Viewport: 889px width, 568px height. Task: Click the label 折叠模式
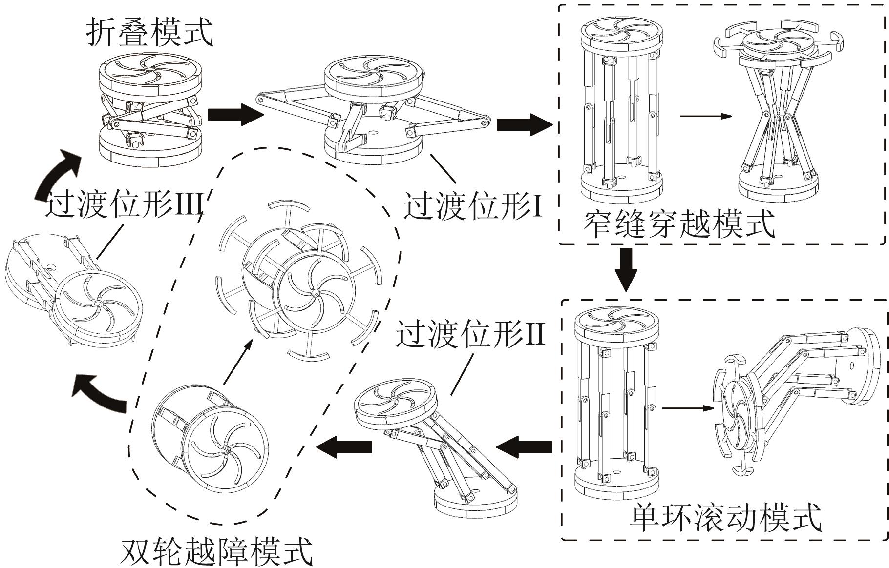click(x=150, y=32)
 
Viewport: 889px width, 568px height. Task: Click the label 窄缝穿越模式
click(x=679, y=224)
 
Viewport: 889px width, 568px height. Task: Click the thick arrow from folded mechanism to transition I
click(x=235, y=115)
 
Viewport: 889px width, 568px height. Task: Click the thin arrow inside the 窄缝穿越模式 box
click(x=705, y=116)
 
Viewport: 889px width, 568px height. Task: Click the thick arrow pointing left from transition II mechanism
click(x=344, y=446)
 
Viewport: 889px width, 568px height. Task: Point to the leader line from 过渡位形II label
click(x=462, y=374)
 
